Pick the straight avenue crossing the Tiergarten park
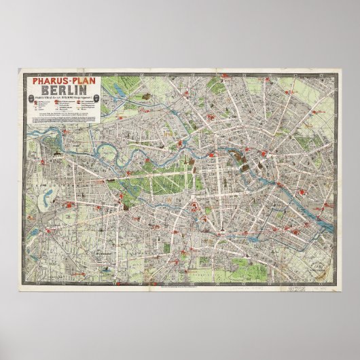[160, 173]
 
